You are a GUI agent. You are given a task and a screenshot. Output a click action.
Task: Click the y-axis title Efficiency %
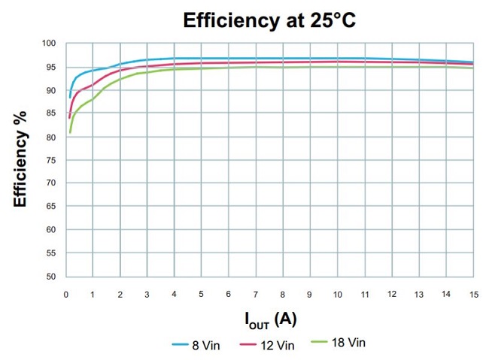click(x=20, y=159)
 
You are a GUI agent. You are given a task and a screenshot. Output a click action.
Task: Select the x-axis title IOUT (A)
click(x=270, y=319)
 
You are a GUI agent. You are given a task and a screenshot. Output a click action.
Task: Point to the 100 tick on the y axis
click(x=50, y=44)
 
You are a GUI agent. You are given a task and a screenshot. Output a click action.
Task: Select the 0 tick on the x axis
click(x=65, y=294)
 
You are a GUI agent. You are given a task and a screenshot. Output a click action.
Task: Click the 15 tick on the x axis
click(x=473, y=294)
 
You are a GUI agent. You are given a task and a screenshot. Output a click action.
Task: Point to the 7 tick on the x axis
click(x=256, y=294)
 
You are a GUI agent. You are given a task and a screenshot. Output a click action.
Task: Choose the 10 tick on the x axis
click(x=337, y=294)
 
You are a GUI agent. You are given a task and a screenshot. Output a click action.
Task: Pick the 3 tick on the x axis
click(x=147, y=294)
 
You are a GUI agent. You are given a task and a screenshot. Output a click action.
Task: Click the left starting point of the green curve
click(x=70, y=133)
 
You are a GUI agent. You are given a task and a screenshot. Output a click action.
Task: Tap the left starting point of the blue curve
click(x=70, y=97)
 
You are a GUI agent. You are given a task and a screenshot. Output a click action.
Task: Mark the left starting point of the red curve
click(x=69, y=117)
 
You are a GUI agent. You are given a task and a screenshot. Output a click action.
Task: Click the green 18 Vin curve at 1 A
click(x=93, y=98)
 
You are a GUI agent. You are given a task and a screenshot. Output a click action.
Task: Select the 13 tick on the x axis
click(x=418, y=294)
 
